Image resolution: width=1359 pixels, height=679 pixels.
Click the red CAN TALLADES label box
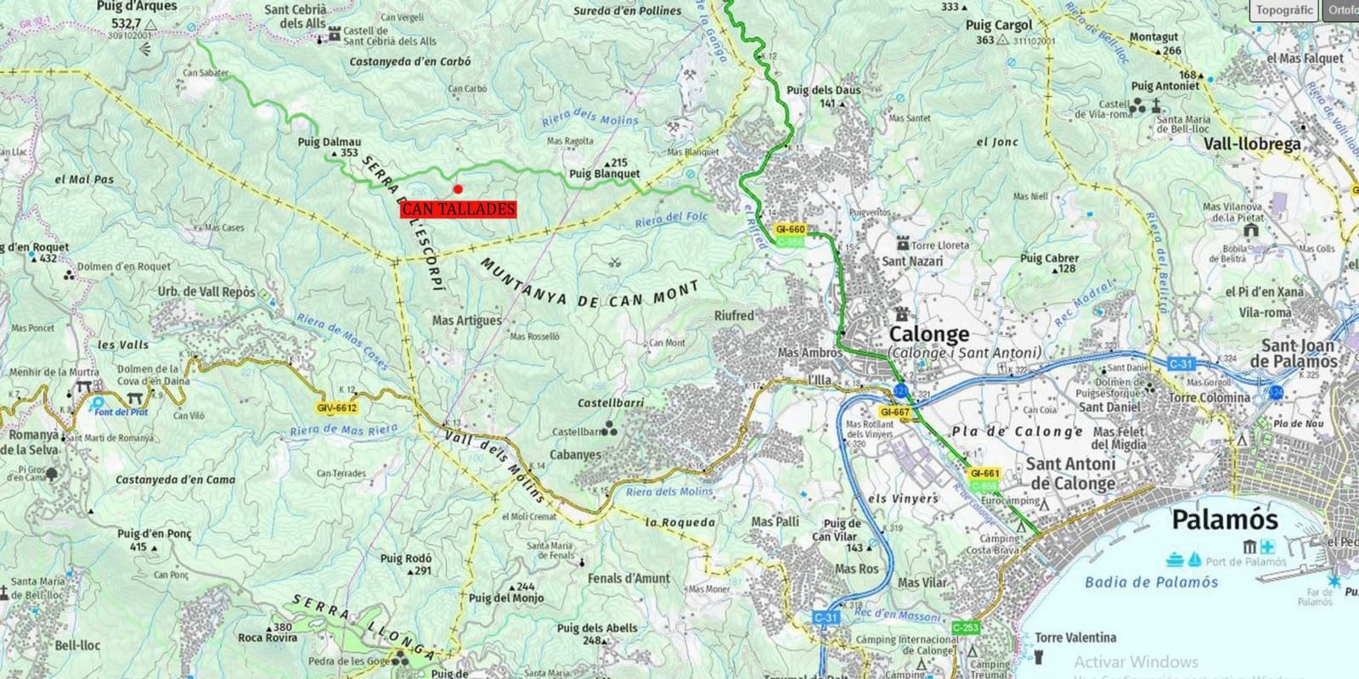[x=458, y=209]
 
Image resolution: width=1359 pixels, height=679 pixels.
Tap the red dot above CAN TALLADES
[x=458, y=189]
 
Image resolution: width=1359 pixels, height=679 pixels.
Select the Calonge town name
[x=928, y=334]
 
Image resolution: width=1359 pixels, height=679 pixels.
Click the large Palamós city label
[x=1224, y=519]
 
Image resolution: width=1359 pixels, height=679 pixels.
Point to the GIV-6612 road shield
[x=337, y=408]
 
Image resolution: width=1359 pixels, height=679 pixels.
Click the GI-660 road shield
[x=790, y=229]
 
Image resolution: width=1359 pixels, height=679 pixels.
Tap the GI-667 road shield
[x=895, y=412]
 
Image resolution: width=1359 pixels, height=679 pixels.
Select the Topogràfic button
[x=1284, y=10]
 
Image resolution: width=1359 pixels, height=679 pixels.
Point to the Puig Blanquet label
[x=605, y=174]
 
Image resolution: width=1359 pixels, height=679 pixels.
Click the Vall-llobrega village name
[x=1251, y=144]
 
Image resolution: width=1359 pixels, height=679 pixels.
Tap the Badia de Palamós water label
[x=1151, y=582]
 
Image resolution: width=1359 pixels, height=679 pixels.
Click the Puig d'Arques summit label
[x=137, y=7]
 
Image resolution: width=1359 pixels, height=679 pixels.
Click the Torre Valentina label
[x=1075, y=637]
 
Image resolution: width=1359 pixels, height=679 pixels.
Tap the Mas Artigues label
[x=466, y=320]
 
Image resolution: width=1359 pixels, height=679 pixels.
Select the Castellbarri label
[x=611, y=402]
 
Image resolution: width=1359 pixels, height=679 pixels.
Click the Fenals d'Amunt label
[x=629, y=578]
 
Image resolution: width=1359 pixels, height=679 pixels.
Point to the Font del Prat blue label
[x=121, y=412]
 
